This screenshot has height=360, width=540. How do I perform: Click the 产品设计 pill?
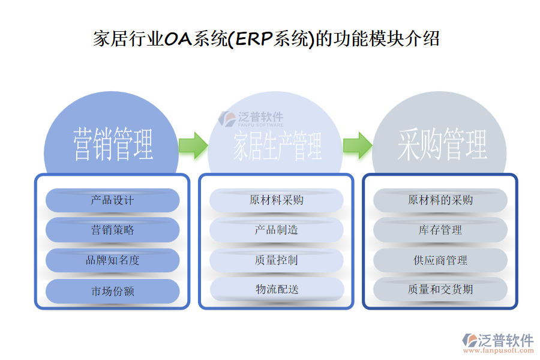[x=112, y=200]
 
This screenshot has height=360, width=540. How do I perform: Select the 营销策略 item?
[x=112, y=230]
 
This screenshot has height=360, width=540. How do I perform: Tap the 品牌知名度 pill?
[x=112, y=260]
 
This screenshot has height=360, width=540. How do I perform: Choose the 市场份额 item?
[x=112, y=291]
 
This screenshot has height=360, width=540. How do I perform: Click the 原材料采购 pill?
[x=277, y=200]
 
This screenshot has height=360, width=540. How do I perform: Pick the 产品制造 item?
[x=277, y=230]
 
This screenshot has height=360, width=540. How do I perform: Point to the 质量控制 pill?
[x=277, y=260]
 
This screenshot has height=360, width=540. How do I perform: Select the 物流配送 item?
[x=277, y=290]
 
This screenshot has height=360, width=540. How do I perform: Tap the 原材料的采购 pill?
[x=440, y=200]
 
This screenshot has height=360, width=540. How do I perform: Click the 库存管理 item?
[x=440, y=230]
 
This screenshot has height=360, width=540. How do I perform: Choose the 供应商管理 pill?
[x=440, y=260]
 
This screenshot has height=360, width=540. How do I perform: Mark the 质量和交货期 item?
[x=440, y=290]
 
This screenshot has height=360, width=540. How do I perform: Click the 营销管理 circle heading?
[x=113, y=144]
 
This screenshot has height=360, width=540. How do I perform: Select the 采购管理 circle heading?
[x=442, y=145]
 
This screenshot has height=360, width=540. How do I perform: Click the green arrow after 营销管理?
[x=193, y=145]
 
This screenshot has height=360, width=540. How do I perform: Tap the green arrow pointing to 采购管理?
[x=357, y=145]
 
